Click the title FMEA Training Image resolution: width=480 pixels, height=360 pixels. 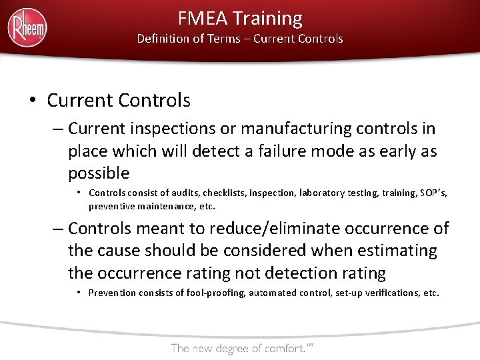(240, 18)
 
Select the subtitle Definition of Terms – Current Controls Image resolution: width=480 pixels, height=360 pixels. (240, 39)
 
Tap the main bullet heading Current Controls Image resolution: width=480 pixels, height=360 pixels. (119, 101)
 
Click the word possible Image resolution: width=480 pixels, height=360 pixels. (99, 173)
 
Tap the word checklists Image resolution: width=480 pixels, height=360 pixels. (228, 193)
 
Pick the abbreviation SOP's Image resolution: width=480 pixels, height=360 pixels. (434, 193)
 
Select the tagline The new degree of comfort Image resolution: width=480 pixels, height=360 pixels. (241, 347)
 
